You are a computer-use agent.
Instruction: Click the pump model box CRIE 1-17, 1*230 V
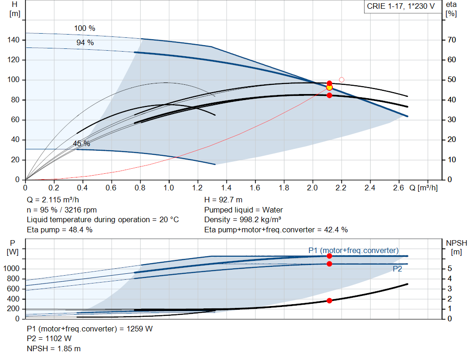coord(401,6)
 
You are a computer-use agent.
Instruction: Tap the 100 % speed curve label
coord(85,28)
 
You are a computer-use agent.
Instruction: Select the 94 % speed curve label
coord(85,43)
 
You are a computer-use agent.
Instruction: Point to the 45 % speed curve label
coord(82,143)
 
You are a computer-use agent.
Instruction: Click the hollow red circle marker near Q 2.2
coord(342,80)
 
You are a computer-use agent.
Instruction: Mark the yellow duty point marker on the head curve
coord(329,88)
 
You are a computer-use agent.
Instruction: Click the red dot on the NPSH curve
coord(329,301)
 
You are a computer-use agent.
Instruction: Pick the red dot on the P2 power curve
coord(329,264)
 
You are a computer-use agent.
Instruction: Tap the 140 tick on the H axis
coord(13,40)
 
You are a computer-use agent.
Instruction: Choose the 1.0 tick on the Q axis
coord(169,188)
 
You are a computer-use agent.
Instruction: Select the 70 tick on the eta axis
coord(452,40)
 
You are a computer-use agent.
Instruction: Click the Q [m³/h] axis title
coord(424,188)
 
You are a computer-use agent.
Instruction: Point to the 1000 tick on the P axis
coord(11,268)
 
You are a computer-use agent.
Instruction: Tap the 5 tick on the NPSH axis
coord(450,268)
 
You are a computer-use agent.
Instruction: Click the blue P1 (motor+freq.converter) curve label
coord(354,250)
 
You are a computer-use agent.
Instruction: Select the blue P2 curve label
coord(397,269)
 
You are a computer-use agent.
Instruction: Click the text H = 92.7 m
coord(224,200)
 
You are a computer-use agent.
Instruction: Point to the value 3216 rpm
coord(80,210)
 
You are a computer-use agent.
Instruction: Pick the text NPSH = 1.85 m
coord(53,348)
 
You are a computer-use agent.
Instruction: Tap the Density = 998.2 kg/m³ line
coord(243,220)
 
